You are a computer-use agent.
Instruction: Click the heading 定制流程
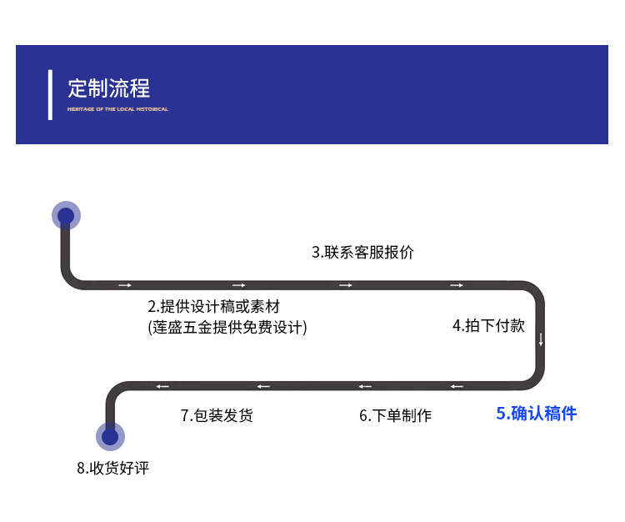[108, 88]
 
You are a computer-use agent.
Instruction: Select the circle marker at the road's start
[66, 216]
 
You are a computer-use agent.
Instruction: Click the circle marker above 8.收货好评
[110, 436]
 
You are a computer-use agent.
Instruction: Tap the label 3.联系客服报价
[362, 252]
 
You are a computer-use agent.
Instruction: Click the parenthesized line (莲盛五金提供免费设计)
[227, 327]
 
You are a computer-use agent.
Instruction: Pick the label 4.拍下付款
[488, 325]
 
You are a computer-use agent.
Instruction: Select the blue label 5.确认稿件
[536, 413]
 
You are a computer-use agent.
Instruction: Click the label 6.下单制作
[395, 414]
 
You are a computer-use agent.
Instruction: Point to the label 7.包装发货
[217, 414]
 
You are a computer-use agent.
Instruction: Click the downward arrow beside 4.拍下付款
[541, 339]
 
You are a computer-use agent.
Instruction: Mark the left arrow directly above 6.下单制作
[365, 386]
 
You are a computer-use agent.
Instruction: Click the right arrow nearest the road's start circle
[125, 286]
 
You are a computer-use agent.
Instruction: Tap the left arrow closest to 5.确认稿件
[457, 386]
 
